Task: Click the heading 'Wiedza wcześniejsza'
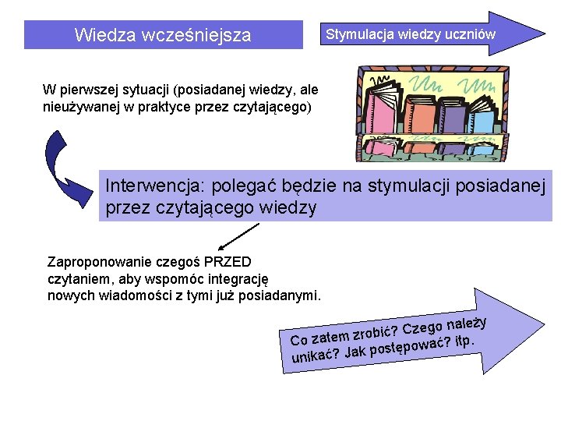point(163,35)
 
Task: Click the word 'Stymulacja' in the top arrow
point(359,34)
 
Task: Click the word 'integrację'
point(234,278)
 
